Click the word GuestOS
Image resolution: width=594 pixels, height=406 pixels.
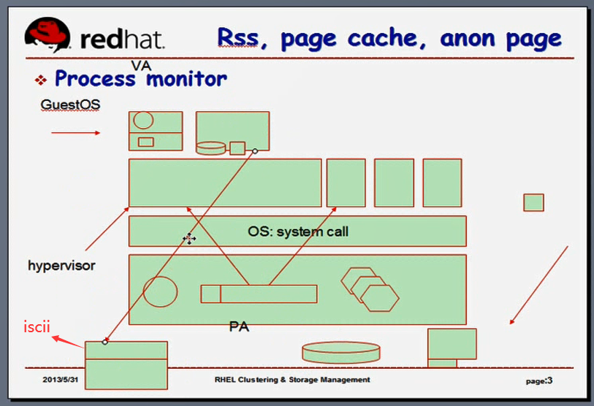pos(70,104)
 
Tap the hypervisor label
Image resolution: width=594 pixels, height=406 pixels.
pos(61,265)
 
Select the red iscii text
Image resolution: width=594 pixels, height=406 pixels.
pos(37,326)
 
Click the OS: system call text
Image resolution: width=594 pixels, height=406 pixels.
pos(298,232)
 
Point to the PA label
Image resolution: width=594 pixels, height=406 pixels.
pos(239,326)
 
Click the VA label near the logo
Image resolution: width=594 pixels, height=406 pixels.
pos(141,66)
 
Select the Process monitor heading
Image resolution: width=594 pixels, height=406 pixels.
pos(140,78)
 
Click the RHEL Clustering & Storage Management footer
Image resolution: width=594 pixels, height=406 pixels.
pos(292,380)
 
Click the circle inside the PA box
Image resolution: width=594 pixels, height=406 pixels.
pos(160,291)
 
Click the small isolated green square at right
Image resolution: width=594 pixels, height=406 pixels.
pos(533,202)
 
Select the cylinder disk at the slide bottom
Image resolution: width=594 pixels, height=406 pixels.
pos(341,353)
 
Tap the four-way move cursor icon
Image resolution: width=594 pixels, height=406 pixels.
pos(189,238)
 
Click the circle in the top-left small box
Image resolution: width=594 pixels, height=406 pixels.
pos(143,120)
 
